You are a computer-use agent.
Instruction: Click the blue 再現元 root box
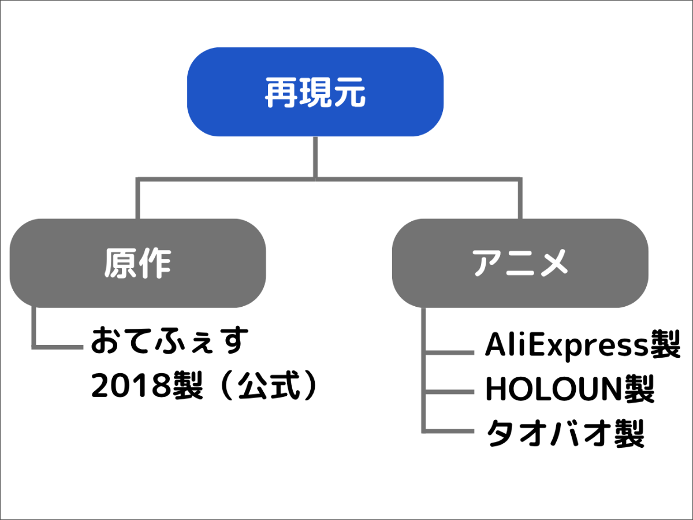pos(315,92)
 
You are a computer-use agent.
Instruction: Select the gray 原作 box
pos(137,263)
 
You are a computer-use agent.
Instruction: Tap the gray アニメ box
pos(520,263)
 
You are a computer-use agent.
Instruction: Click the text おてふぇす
pos(170,341)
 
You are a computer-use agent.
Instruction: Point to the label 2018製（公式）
pos(204,385)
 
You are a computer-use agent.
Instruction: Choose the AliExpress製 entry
pos(583,345)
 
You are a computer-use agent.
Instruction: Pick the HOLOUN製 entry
pos(570,389)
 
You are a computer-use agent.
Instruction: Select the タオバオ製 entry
pos(565,433)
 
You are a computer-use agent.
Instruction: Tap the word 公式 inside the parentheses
pos(269,385)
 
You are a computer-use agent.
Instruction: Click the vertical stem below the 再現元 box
pos(315,158)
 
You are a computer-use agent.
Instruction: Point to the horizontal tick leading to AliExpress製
pos(449,352)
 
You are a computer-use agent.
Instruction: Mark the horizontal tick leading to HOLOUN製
pos(449,392)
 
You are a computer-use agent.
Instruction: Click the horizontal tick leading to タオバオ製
pos(449,431)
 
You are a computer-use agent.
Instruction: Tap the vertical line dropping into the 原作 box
pos(137,199)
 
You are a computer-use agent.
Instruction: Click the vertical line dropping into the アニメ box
pos(520,199)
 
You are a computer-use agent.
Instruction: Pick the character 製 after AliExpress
pos(665,344)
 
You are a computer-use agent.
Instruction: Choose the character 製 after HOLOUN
pos(640,389)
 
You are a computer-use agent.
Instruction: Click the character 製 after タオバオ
pos(629,433)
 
